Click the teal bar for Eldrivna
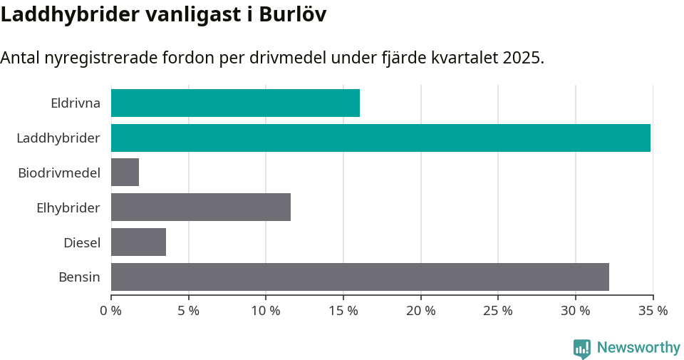(235, 103)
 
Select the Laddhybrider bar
(380, 138)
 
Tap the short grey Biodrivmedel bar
(125, 173)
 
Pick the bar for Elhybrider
(201, 207)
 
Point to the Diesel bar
(138, 242)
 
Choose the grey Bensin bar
(360, 277)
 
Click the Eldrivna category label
(76, 103)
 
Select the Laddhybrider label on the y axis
(58, 138)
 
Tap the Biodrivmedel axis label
(59, 173)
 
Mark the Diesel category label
(82, 242)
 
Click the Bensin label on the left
(79, 277)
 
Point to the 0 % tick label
(111, 311)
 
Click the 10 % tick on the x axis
(266, 311)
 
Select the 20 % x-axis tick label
(421, 311)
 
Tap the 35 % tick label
(653, 311)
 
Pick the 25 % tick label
(498, 311)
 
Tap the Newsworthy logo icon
(582, 348)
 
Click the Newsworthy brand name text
(638, 348)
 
